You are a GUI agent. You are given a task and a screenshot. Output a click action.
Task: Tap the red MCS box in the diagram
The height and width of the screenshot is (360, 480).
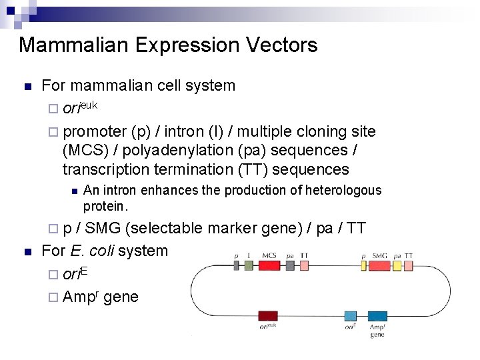pos(269,265)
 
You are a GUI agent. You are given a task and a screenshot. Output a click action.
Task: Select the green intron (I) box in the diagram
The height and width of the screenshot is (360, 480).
pos(249,265)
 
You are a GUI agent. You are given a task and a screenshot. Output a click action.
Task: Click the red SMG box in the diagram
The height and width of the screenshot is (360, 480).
pos(379,265)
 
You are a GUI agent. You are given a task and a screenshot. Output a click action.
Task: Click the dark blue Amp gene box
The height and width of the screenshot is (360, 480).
pos(377,316)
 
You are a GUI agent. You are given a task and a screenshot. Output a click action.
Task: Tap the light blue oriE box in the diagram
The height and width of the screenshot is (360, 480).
pos(351,316)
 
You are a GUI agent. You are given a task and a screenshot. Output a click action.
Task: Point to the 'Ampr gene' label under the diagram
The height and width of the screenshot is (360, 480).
pos(377,330)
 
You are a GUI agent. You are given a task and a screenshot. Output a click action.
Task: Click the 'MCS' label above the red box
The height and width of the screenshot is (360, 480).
pos(269,255)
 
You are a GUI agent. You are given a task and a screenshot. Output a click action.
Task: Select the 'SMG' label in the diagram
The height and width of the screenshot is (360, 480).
pos(379,255)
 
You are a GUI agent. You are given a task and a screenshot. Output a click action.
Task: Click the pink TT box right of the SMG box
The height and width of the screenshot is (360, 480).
pos(409,265)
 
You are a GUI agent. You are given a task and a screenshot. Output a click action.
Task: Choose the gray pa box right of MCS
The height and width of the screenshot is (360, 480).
pos(290,265)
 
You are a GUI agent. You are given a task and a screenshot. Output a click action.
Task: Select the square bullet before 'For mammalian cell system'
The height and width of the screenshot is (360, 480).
pos(27,87)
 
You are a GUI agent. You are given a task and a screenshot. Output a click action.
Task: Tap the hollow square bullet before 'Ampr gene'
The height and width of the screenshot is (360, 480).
pos(53,297)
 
